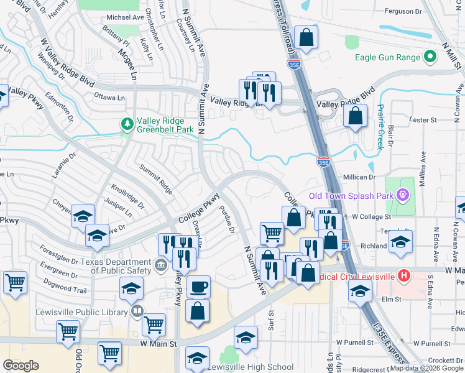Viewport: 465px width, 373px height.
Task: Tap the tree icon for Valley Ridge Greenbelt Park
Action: coord(128,123)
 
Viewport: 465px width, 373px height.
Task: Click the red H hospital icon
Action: coord(403,274)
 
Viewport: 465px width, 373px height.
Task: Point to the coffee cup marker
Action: coord(198,287)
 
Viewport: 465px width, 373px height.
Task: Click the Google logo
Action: coord(21,365)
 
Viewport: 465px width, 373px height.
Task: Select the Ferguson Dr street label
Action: coord(403,11)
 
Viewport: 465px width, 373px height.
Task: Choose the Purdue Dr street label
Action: coord(226,221)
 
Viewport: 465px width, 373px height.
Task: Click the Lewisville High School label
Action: coord(254,367)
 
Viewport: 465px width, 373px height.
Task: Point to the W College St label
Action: coord(371,216)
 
